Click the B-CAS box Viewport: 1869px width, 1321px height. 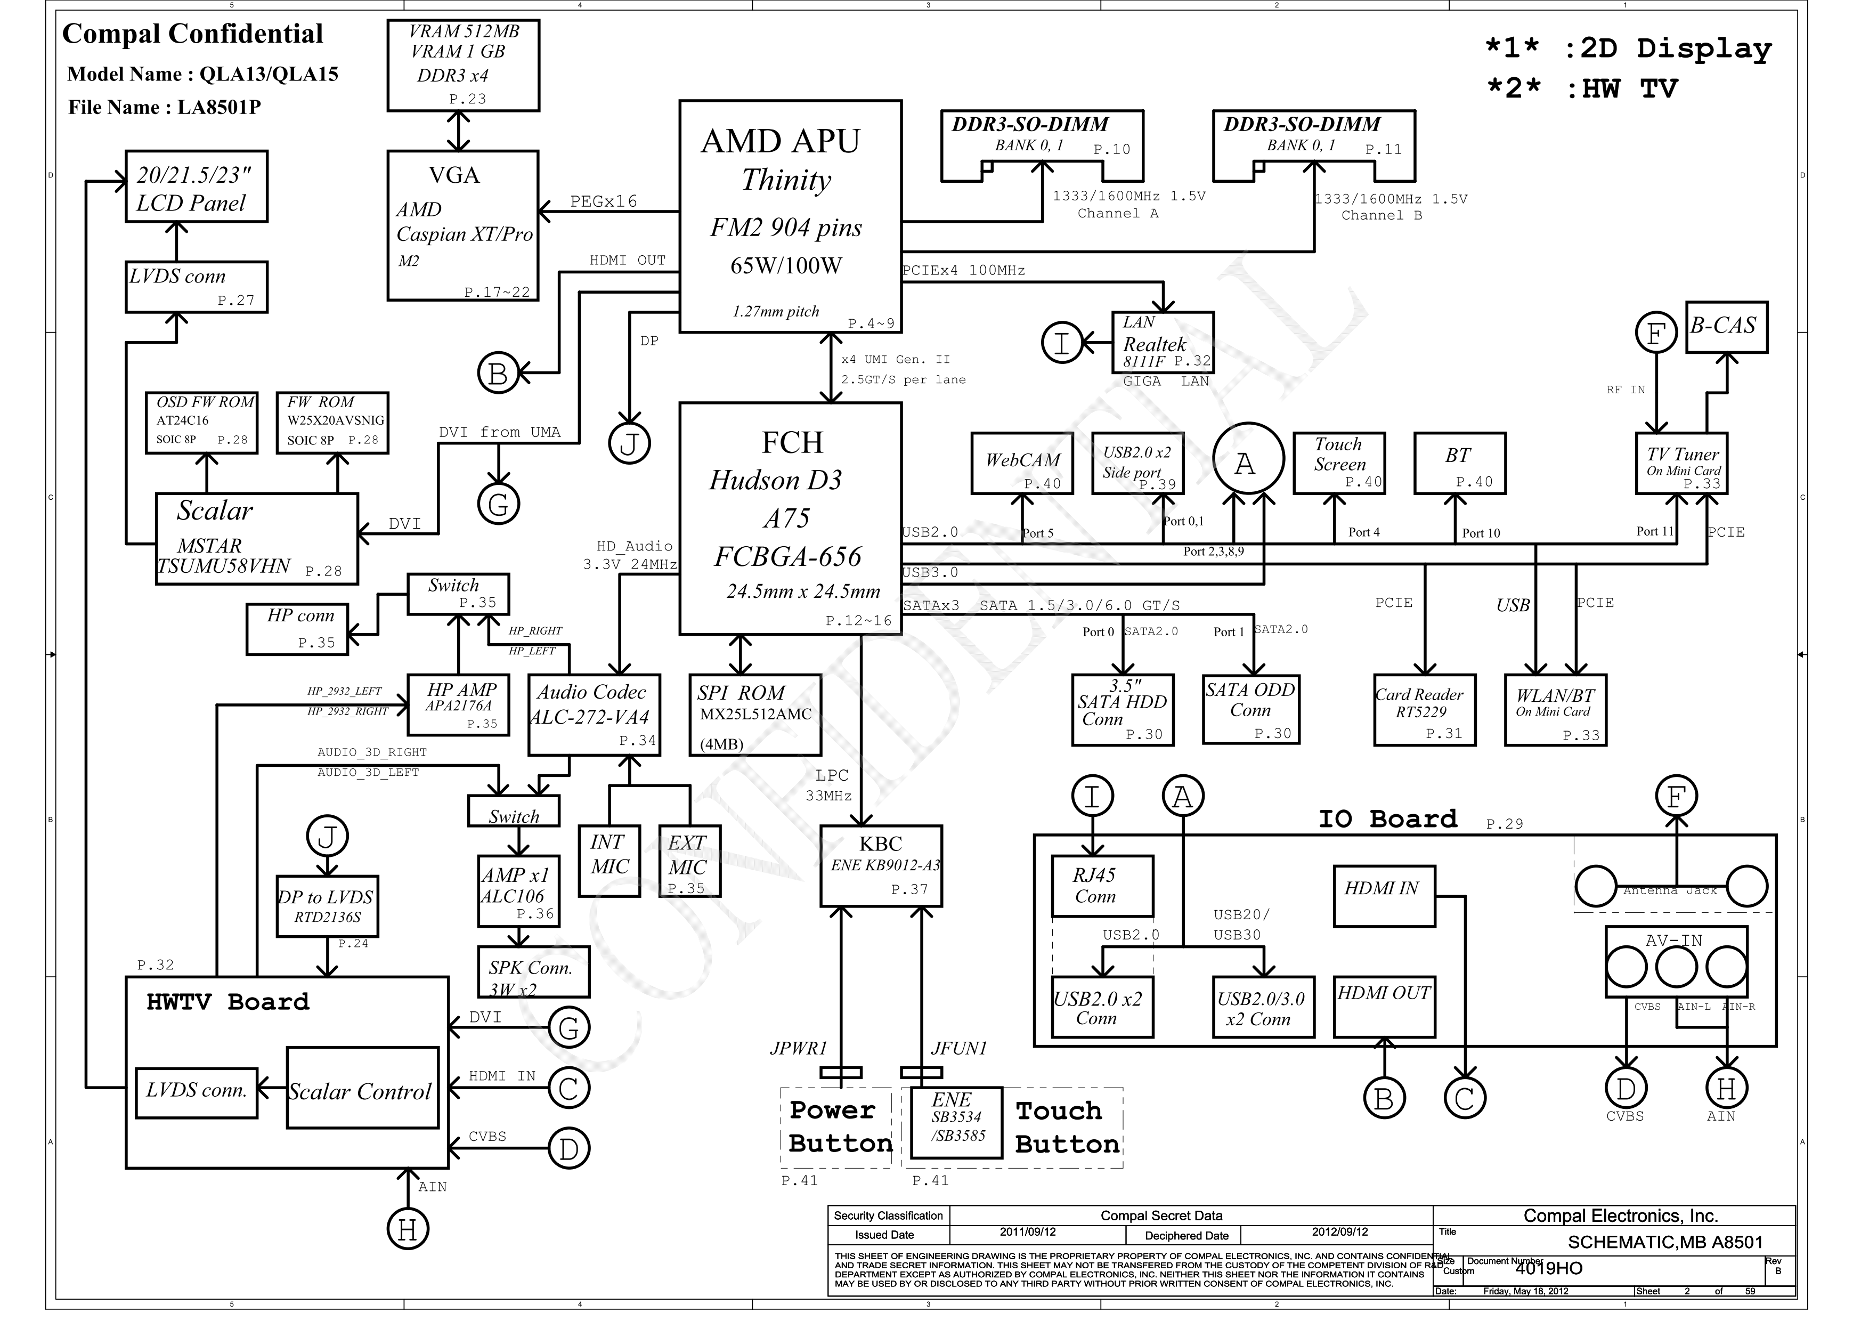click(1726, 327)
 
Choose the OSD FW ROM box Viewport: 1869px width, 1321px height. click(202, 423)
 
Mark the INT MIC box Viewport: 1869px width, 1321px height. click(609, 861)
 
